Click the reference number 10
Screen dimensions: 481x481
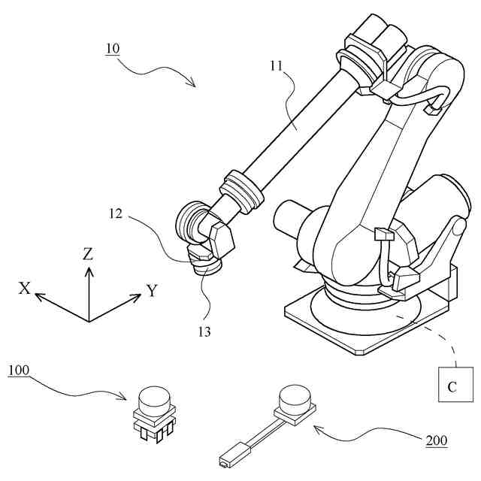pyautogui.click(x=112, y=49)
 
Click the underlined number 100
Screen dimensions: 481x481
pyautogui.click(x=20, y=371)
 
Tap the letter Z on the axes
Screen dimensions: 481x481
pyautogui.click(x=88, y=254)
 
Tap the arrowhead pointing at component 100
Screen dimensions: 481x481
pyautogui.click(x=131, y=396)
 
